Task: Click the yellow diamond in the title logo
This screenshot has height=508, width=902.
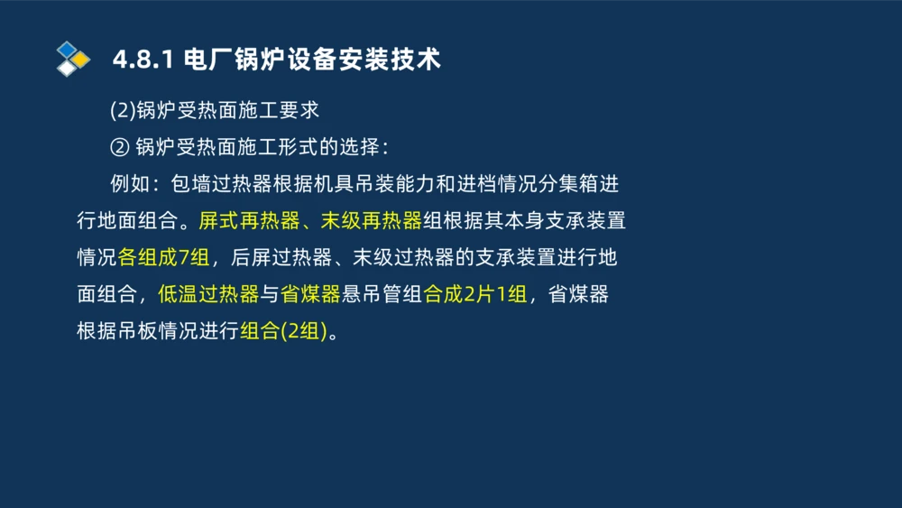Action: coord(81,60)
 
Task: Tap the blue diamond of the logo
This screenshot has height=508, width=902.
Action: coord(68,50)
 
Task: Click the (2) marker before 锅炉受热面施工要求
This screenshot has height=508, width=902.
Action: coord(122,111)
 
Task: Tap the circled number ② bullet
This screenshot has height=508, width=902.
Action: coord(120,147)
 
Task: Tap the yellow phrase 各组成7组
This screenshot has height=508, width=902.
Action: coord(163,257)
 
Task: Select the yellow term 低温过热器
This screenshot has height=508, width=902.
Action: coord(208,294)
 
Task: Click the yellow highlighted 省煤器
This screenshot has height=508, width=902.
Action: coord(309,294)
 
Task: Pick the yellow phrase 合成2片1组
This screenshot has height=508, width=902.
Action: coord(474,294)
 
